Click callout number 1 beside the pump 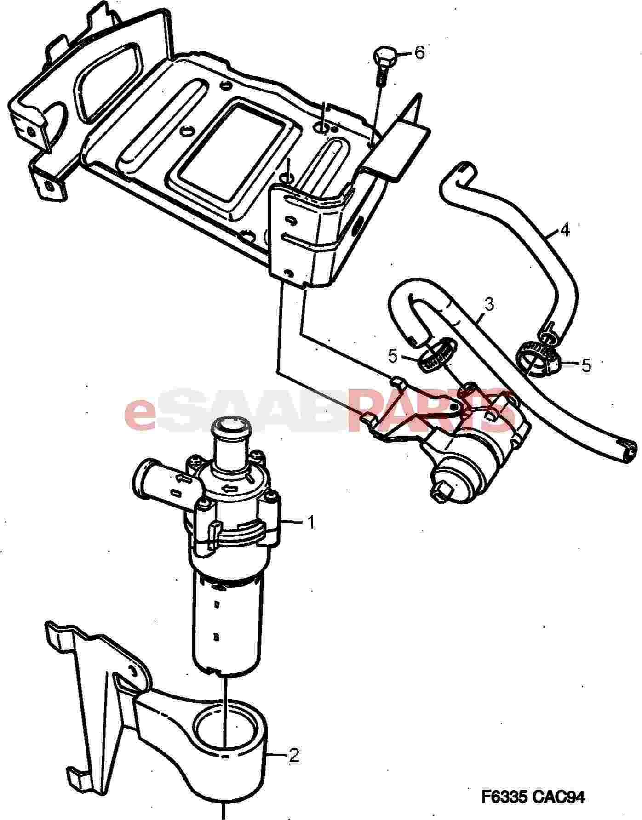click(x=311, y=522)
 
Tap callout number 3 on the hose click(x=489, y=304)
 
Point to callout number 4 click(x=565, y=230)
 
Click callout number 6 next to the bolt click(x=419, y=53)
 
